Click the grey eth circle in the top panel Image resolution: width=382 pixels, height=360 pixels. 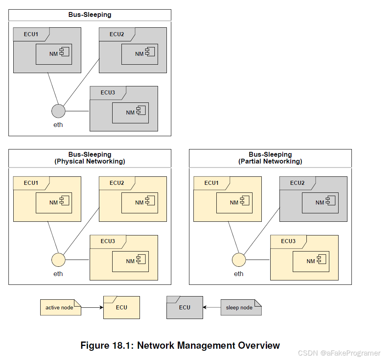click(x=58, y=111)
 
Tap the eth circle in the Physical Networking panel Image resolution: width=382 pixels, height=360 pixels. click(x=58, y=260)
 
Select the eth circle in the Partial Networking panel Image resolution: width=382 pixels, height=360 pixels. click(x=239, y=260)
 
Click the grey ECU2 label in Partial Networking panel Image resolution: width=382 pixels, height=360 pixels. click(x=297, y=183)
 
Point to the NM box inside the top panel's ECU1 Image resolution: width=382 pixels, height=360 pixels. click(x=54, y=54)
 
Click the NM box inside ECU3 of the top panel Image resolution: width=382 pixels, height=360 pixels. click(x=130, y=112)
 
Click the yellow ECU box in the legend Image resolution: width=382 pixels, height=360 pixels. click(x=121, y=308)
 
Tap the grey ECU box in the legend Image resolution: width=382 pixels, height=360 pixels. click(x=185, y=308)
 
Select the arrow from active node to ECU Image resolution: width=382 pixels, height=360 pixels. click(x=92, y=307)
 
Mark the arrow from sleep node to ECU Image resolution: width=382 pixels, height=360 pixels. click(x=212, y=307)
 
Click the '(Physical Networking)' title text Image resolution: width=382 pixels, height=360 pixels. click(x=90, y=162)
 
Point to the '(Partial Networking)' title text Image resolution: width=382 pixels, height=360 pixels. click(x=270, y=162)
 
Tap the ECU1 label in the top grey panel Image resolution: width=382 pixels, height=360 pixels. click(x=31, y=34)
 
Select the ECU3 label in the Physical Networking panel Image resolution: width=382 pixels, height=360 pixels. click(x=108, y=241)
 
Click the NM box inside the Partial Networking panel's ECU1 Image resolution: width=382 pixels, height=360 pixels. click(x=234, y=202)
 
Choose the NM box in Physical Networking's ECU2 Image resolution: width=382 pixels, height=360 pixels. click(x=140, y=202)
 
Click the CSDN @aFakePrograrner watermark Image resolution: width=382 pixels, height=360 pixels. click(x=339, y=353)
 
